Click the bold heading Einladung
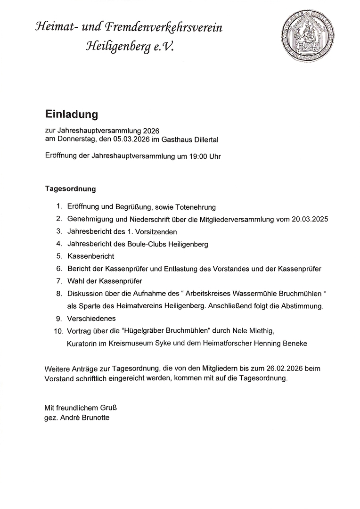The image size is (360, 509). tap(71, 114)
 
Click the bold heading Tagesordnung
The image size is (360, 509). tap(70, 189)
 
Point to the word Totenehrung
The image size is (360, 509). tap(195, 207)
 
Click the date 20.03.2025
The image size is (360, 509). tap(310, 219)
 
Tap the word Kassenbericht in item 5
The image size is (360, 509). tap(91, 256)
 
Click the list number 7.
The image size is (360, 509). tap(59, 281)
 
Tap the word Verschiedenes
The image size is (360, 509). tap(91, 319)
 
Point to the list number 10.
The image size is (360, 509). tap(58, 331)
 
